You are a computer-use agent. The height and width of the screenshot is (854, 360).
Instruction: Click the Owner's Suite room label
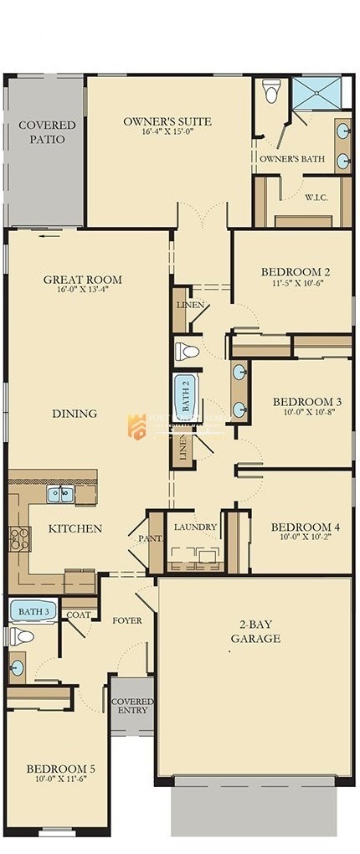(167, 121)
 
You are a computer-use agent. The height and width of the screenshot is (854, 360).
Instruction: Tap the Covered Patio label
(47, 132)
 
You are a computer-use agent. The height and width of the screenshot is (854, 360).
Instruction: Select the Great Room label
(82, 280)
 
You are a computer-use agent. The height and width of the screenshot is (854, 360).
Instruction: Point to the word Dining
(75, 414)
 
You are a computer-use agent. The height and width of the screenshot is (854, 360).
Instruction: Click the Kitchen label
(75, 528)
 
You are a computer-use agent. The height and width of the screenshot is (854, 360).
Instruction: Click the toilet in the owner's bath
(271, 91)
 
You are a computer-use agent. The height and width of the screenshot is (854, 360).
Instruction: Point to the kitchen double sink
(59, 494)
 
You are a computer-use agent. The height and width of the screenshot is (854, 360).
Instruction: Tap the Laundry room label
(195, 527)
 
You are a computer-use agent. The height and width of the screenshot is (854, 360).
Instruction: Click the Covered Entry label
(132, 706)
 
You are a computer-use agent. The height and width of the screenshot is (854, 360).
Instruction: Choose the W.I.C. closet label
(316, 198)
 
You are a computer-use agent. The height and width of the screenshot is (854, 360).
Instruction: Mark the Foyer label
(127, 620)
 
